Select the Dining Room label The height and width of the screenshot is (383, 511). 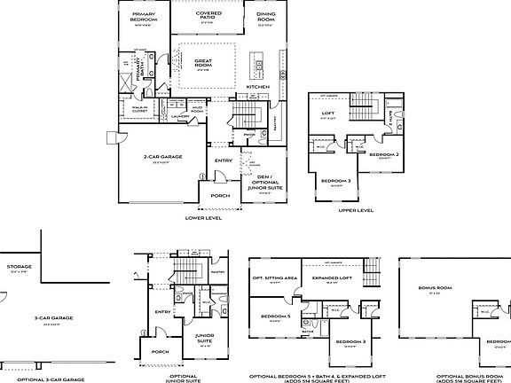(265, 15)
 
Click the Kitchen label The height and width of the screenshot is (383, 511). (245, 87)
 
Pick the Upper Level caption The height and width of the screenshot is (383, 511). (356, 210)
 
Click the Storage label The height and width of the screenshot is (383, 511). (19, 266)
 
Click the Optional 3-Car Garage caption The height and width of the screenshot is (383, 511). (43, 378)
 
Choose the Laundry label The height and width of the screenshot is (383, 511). (178, 115)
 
